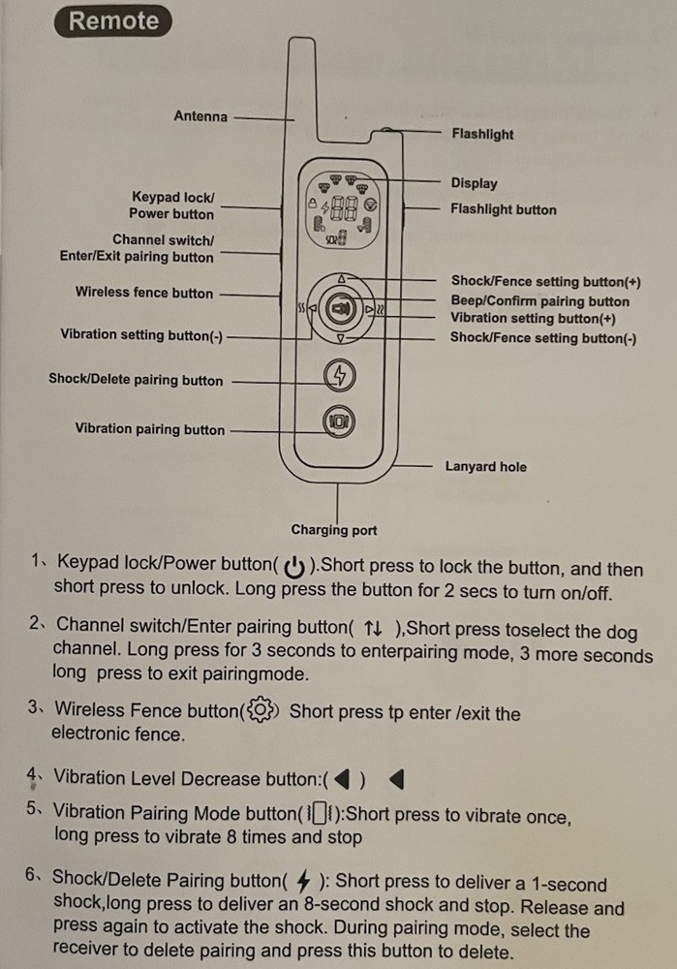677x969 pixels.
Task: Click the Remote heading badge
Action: pos(113,21)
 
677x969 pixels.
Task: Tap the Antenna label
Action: pos(200,116)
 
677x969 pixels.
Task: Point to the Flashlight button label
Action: pos(503,209)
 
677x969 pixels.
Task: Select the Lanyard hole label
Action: pos(485,467)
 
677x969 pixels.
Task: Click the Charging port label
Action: pos(333,530)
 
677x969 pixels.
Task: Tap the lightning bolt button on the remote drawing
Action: pos(339,375)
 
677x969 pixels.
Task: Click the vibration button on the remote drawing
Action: pos(339,422)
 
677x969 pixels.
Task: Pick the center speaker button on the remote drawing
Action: pos(340,308)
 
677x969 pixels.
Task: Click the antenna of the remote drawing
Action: pos(303,86)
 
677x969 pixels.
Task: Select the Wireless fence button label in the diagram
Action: pos(144,293)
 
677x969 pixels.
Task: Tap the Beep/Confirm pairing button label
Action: pos(539,301)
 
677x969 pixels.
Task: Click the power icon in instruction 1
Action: pos(294,566)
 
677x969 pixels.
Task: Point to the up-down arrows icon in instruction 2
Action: pos(373,629)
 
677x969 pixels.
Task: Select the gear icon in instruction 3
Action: pos(261,710)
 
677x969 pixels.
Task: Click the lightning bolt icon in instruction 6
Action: pos(303,881)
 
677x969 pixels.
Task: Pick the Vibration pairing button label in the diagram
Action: pos(150,429)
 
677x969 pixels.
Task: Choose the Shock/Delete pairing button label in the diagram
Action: pos(136,380)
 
